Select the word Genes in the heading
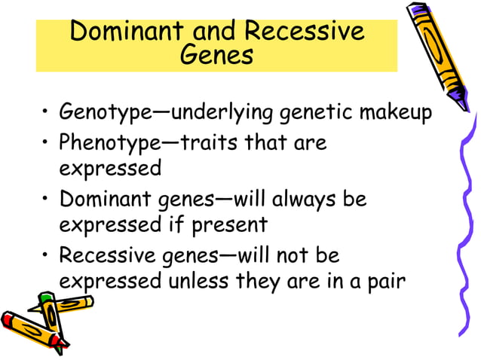coord(216,56)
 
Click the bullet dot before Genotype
coord(45,115)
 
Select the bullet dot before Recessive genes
coord(45,257)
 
